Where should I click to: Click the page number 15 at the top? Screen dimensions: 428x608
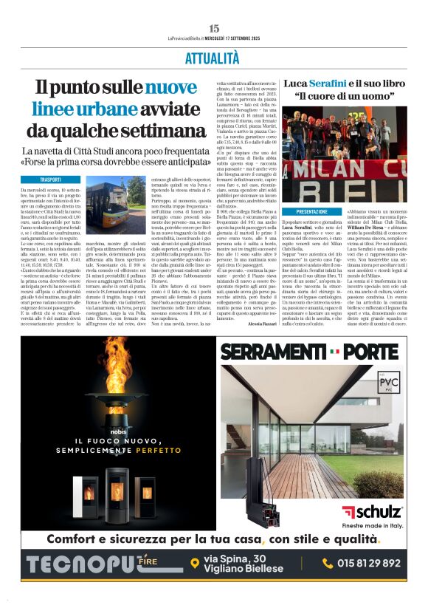214,28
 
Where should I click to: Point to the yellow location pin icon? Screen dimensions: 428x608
195,563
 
